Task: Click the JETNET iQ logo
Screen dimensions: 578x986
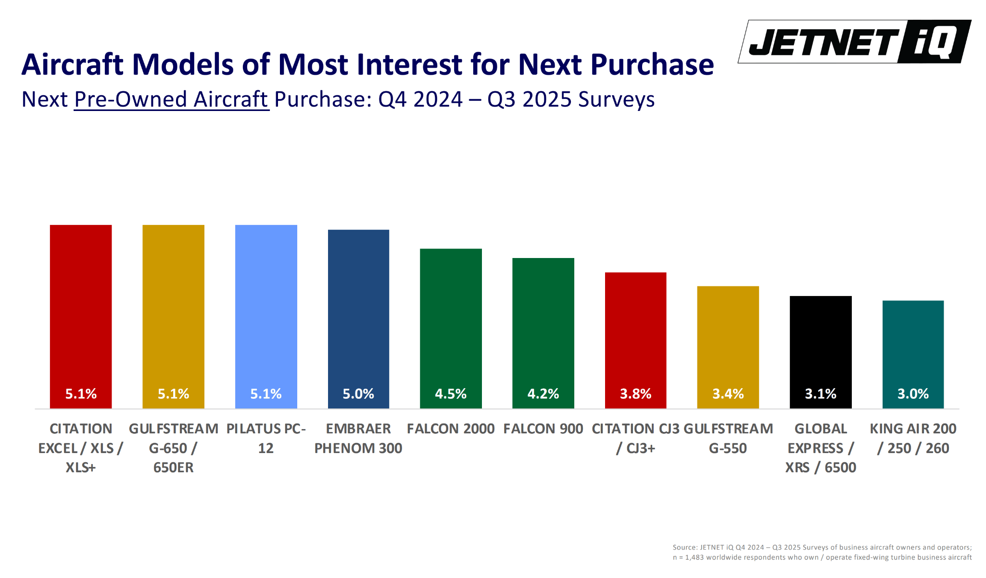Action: click(x=854, y=42)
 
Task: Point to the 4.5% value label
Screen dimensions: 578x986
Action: click(x=451, y=394)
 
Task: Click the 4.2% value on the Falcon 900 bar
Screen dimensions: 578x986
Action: click(x=543, y=394)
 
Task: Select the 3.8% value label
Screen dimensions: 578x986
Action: click(x=635, y=394)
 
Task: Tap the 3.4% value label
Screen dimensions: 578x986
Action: click(x=728, y=394)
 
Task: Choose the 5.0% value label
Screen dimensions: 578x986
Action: click(x=358, y=394)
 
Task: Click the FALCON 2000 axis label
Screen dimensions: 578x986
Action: click(x=451, y=429)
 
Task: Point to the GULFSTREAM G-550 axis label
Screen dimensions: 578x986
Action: click(x=728, y=438)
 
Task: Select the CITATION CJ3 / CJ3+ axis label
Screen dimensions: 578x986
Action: click(x=635, y=438)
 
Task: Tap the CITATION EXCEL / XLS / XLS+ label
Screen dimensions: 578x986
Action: click(x=81, y=448)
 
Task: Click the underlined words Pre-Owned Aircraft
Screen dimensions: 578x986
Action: click(x=171, y=99)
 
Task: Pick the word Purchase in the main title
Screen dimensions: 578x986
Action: click(x=652, y=64)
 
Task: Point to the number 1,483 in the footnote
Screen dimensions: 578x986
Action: click(x=695, y=557)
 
